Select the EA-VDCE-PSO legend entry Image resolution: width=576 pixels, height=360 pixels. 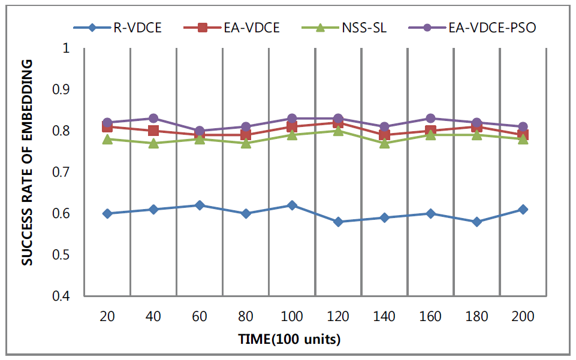point(486,28)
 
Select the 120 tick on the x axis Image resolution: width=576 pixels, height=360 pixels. point(338,316)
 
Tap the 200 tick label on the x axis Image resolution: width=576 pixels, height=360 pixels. point(523,316)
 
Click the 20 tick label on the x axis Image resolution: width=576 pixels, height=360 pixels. point(107,316)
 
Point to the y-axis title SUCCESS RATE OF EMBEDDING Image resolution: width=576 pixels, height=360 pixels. point(27,172)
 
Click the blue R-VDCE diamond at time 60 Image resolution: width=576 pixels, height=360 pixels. point(200,205)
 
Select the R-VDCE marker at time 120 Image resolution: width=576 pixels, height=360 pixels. point(338,222)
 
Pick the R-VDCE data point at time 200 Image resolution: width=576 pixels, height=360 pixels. point(523,209)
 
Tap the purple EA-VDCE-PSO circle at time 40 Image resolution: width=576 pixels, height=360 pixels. point(153,118)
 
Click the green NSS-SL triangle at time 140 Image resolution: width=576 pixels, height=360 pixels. point(384,143)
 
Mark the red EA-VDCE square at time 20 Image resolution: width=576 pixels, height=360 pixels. point(107,127)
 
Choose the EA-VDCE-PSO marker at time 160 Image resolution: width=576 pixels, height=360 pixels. point(430,118)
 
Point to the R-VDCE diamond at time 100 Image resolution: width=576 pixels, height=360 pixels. point(292,205)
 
